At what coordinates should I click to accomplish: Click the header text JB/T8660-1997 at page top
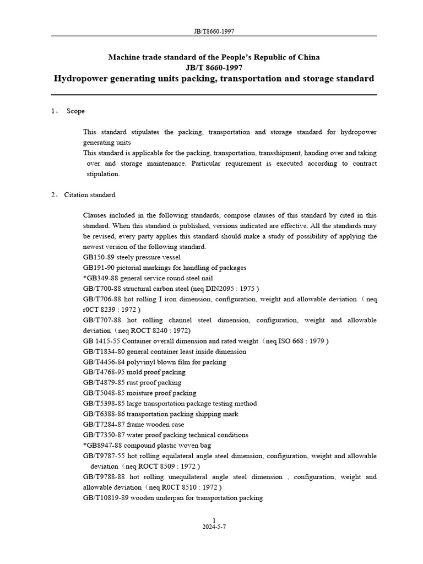pos(214,31)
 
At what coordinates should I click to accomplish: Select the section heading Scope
pos(75,111)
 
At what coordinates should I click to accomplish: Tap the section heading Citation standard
pos(90,195)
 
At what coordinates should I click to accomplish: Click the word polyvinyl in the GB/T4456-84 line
pos(140,362)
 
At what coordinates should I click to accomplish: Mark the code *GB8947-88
pos(102,446)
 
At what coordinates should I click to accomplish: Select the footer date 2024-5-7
pos(214,527)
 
